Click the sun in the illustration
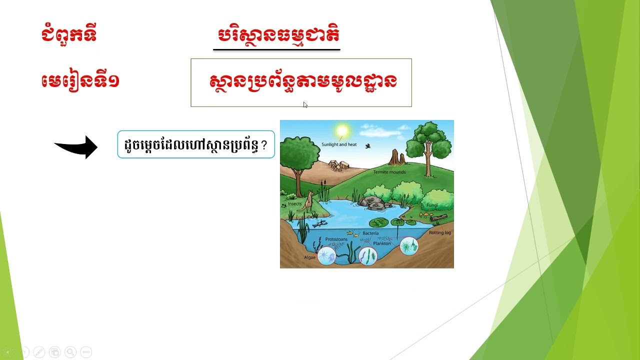[342, 131]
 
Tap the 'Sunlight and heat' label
[339, 144]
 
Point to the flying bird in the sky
[368, 146]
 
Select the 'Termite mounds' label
[389, 172]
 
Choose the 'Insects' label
[294, 204]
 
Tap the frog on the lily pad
[378, 222]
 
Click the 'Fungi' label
[432, 205]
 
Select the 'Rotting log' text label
[439, 232]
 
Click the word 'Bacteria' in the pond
[370, 233]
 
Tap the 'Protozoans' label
[336, 239]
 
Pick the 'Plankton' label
[381, 243]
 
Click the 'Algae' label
[310, 257]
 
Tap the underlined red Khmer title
[278, 35]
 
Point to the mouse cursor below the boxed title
[305, 105]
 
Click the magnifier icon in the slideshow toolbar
[70, 352]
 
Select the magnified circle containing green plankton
[409, 246]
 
